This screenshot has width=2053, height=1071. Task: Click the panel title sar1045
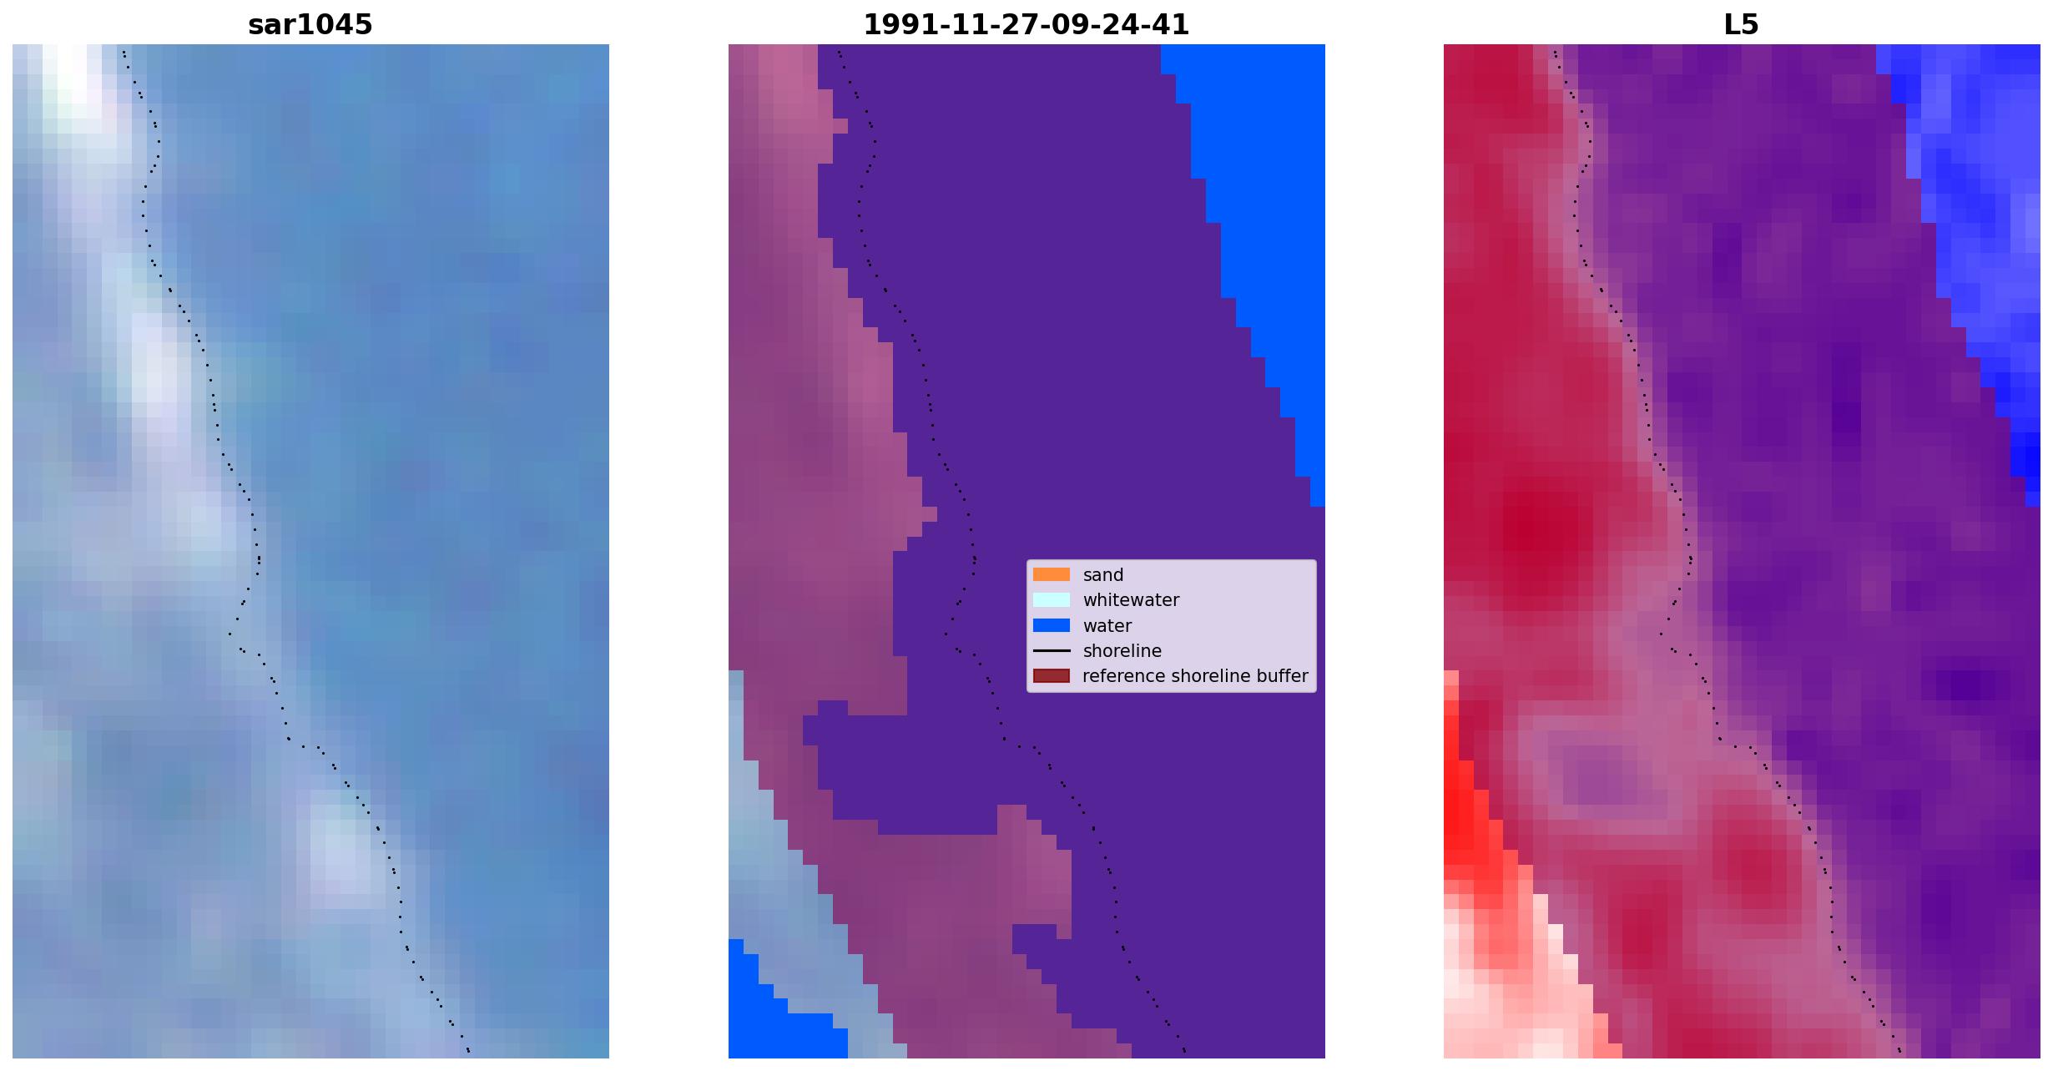[310, 25]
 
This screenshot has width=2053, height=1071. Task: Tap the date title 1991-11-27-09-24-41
[1026, 25]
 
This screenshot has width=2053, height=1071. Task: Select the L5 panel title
[1741, 25]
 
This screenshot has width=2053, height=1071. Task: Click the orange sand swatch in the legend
[1051, 574]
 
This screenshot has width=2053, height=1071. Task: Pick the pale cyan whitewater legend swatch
[1051, 599]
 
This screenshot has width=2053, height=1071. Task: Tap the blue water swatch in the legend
[1051, 625]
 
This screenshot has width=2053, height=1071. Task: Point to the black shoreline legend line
[1051, 650]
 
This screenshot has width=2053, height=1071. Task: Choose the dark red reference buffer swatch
[1051, 675]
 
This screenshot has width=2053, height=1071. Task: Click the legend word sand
[1103, 575]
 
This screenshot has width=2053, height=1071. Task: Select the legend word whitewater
[1131, 600]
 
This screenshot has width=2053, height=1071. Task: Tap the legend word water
[1107, 626]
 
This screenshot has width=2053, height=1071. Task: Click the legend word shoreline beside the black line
[1122, 651]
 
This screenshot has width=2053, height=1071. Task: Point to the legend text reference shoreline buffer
[1195, 676]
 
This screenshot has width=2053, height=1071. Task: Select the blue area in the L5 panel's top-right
[1978, 209]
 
